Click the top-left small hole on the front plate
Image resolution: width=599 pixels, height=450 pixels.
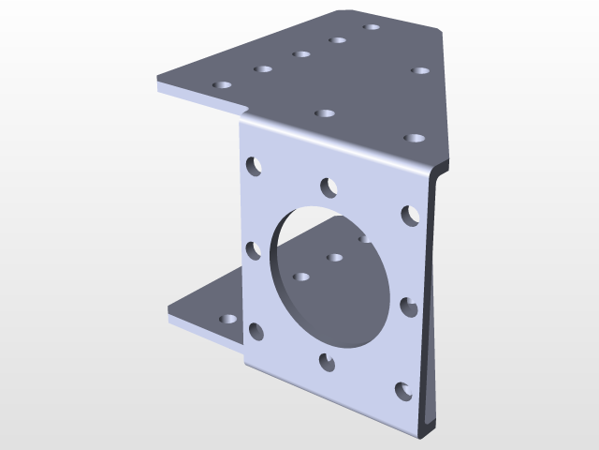254,166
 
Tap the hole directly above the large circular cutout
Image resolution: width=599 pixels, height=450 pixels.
328,187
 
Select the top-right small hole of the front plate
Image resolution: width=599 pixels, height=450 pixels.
410,215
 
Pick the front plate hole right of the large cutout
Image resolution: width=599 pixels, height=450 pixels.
409,307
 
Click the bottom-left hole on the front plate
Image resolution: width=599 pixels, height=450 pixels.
256,331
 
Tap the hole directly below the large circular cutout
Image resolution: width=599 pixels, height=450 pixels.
327,361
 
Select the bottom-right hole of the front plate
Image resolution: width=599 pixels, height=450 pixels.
403,391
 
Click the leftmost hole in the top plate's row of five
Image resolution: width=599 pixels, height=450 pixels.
222,85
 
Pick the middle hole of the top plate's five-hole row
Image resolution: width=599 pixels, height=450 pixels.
301,54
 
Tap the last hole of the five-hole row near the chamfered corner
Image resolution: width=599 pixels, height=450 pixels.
372,27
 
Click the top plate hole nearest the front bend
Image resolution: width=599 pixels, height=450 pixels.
325,113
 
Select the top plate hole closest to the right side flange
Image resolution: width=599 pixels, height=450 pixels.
414,139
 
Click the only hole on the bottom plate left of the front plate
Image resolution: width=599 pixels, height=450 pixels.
227,320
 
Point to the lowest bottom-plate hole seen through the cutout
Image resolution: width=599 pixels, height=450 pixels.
301,277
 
